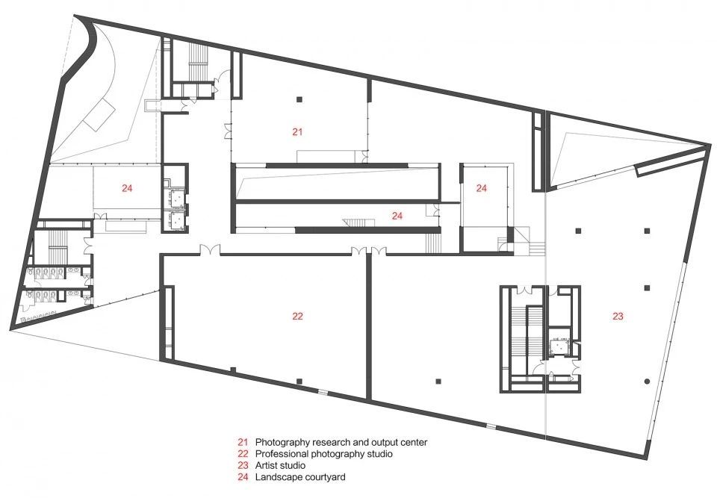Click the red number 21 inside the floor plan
point(297,132)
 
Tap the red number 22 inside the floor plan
point(297,316)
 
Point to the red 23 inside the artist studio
point(618,316)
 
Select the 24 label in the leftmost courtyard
point(127,188)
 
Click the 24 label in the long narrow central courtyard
point(397,216)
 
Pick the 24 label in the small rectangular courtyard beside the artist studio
point(482,188)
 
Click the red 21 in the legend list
point(242,442)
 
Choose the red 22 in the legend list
point(242,454)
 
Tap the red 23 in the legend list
point(242,466)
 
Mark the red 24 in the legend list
point(242,477)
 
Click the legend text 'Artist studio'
point(280,466)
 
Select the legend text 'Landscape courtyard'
point(300,477)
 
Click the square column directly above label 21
point(299,99)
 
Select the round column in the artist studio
point(647,382)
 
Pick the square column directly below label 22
point(299,382)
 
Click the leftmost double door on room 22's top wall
point(210,250)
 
